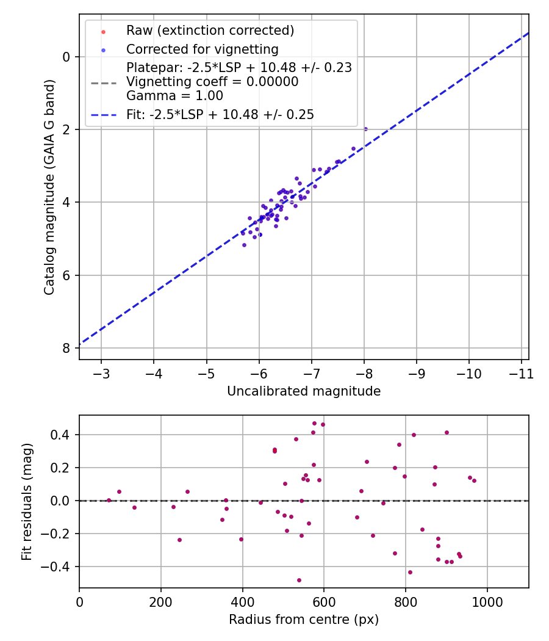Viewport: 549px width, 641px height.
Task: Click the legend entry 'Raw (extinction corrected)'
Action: pos(210,30)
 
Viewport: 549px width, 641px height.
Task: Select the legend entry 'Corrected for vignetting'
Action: pos(202,49)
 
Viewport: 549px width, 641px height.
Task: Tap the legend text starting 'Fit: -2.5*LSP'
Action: pos(220,114)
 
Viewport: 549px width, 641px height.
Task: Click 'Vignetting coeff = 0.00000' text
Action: pos(212,82)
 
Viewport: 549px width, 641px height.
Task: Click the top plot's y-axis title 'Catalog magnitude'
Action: pos(50,187)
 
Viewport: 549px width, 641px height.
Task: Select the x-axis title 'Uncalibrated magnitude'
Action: pos(304,391)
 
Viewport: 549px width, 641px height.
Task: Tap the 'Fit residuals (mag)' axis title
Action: pos(27,501)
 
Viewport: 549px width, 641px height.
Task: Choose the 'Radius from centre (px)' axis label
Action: pos(304,620)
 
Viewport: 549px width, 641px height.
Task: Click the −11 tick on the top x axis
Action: pos(522,374)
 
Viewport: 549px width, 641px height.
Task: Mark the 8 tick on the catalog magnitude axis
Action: pos(66,348)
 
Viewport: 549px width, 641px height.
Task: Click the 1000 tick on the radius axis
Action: pos(487,602)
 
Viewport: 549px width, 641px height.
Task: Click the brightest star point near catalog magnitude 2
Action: pos(365,129)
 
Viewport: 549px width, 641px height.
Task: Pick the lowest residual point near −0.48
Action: pos(299,580)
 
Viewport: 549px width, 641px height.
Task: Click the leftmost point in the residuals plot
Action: pos(109,500)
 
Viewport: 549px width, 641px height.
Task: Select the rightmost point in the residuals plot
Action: pos(474,480)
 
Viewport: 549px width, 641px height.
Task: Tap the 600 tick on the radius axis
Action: pos(324,602)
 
